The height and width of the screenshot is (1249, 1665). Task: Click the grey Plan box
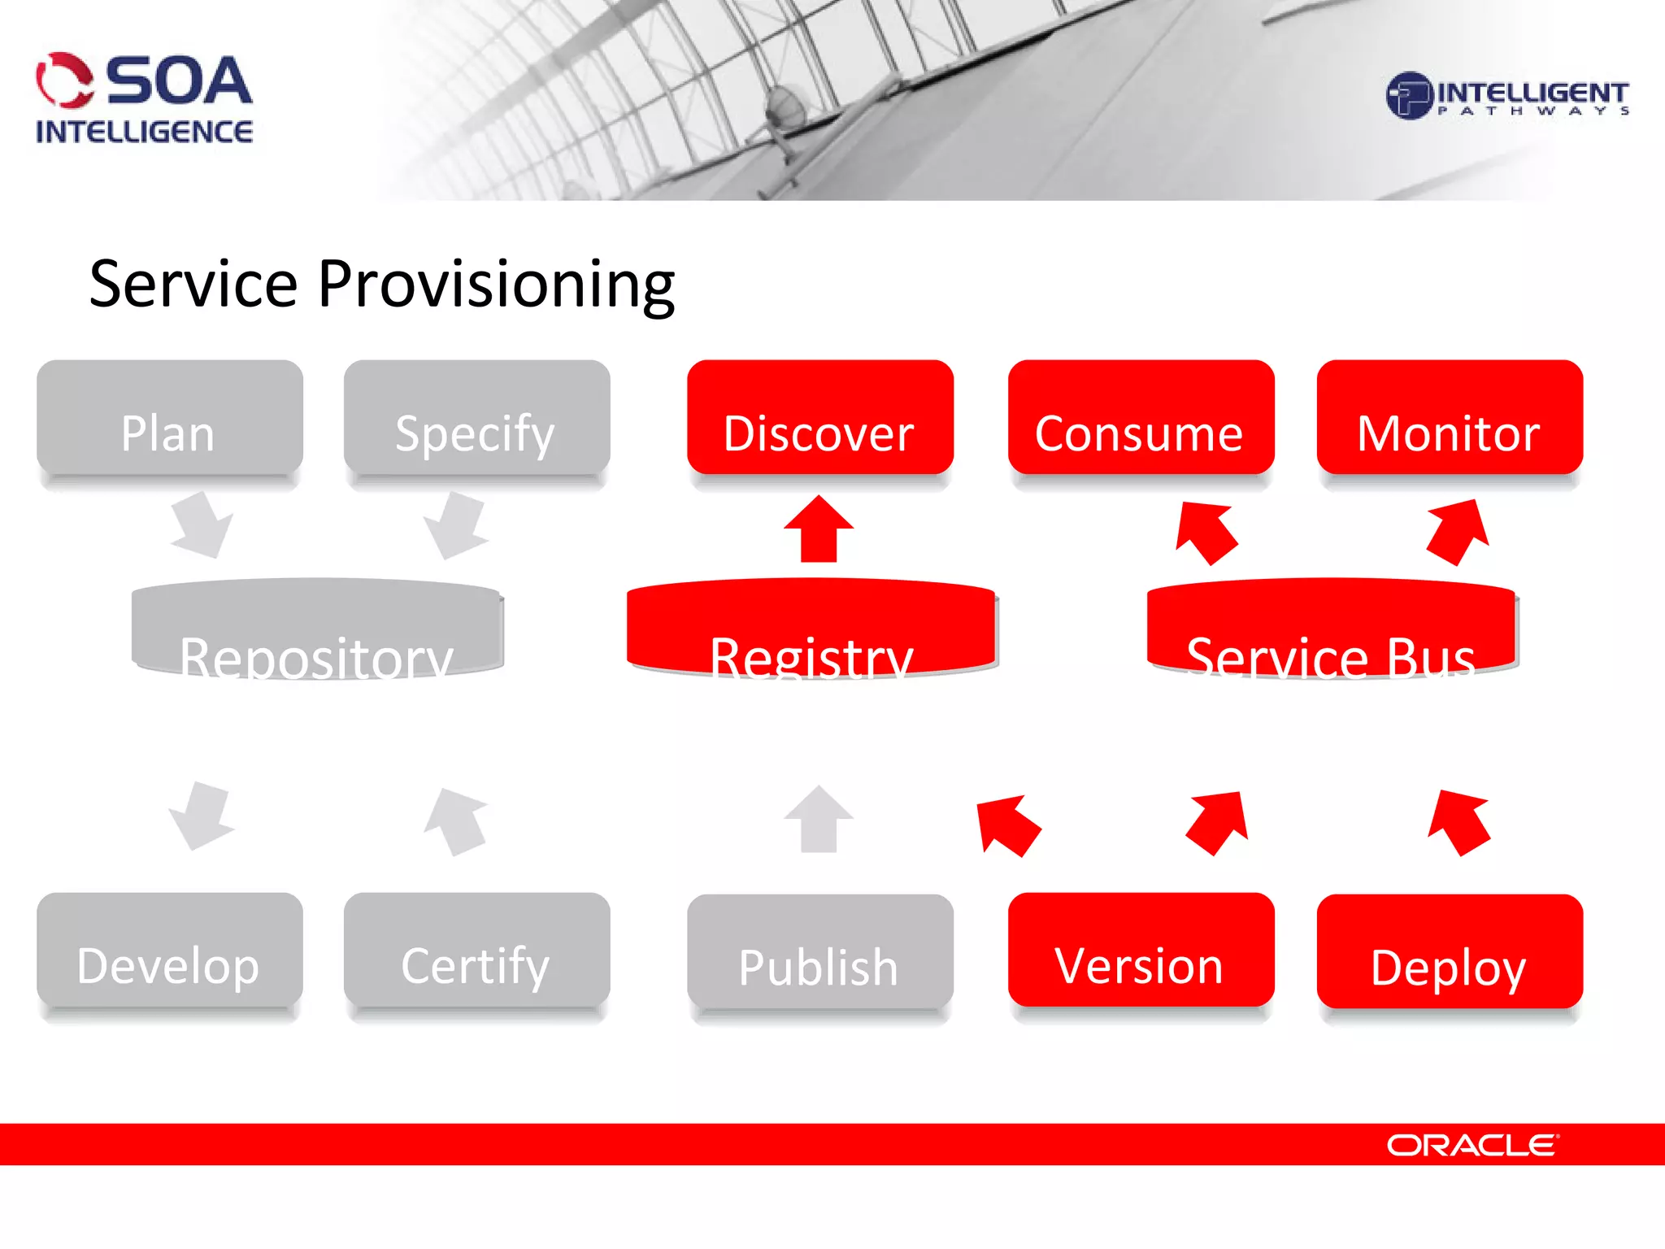click(169, 419)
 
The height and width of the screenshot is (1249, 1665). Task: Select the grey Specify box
click(476, 419)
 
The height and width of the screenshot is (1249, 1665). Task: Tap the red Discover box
click(819, 419)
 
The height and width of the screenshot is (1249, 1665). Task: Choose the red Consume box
click(1141, 419)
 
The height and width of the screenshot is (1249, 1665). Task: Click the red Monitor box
click(1450, 419)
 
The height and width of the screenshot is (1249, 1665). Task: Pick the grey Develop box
click(169, 951)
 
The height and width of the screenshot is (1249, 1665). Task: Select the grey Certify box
click(476, 951)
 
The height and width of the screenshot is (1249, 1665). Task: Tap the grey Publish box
click(819, 953)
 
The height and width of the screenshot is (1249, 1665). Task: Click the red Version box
click(1141, 951)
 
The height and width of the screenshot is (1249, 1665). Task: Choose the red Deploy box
click(1450, 953)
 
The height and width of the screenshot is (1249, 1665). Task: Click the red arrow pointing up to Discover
click(819, 530)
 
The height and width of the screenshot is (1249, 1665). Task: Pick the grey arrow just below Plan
click(201, 525)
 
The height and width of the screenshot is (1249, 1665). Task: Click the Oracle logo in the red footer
click(1472, 1145)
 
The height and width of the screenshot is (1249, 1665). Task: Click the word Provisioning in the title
click(496, 285)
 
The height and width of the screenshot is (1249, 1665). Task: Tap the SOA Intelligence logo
click(144, 98)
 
